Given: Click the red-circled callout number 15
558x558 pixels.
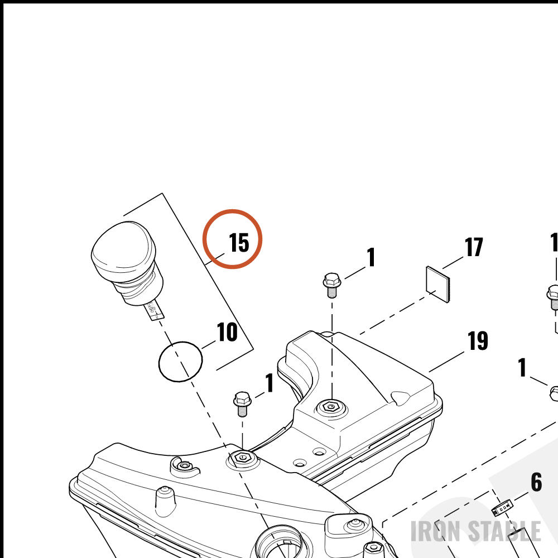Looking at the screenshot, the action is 239,243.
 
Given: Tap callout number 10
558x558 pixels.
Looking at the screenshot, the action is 227,331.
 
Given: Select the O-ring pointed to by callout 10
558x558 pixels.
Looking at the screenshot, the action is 180,362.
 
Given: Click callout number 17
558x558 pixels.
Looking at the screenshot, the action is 474,247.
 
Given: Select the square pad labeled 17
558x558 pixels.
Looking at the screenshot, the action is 437,284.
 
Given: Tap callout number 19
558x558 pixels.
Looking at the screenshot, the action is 478,340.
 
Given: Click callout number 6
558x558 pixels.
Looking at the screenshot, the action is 536,482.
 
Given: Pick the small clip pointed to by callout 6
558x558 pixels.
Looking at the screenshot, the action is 502,507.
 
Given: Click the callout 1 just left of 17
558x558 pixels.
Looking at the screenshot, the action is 371,257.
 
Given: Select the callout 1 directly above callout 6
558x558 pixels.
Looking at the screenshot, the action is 522,367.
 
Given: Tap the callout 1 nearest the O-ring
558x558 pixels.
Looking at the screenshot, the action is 270,383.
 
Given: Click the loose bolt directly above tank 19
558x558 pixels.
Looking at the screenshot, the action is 332,285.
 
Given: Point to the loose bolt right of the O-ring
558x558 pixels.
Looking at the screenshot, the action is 242,404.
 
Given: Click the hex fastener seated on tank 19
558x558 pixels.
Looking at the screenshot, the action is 331,406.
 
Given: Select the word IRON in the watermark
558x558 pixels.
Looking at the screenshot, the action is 436,531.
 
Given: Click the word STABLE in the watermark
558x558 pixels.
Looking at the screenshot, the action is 504,531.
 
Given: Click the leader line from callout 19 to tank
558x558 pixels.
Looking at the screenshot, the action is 446,362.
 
